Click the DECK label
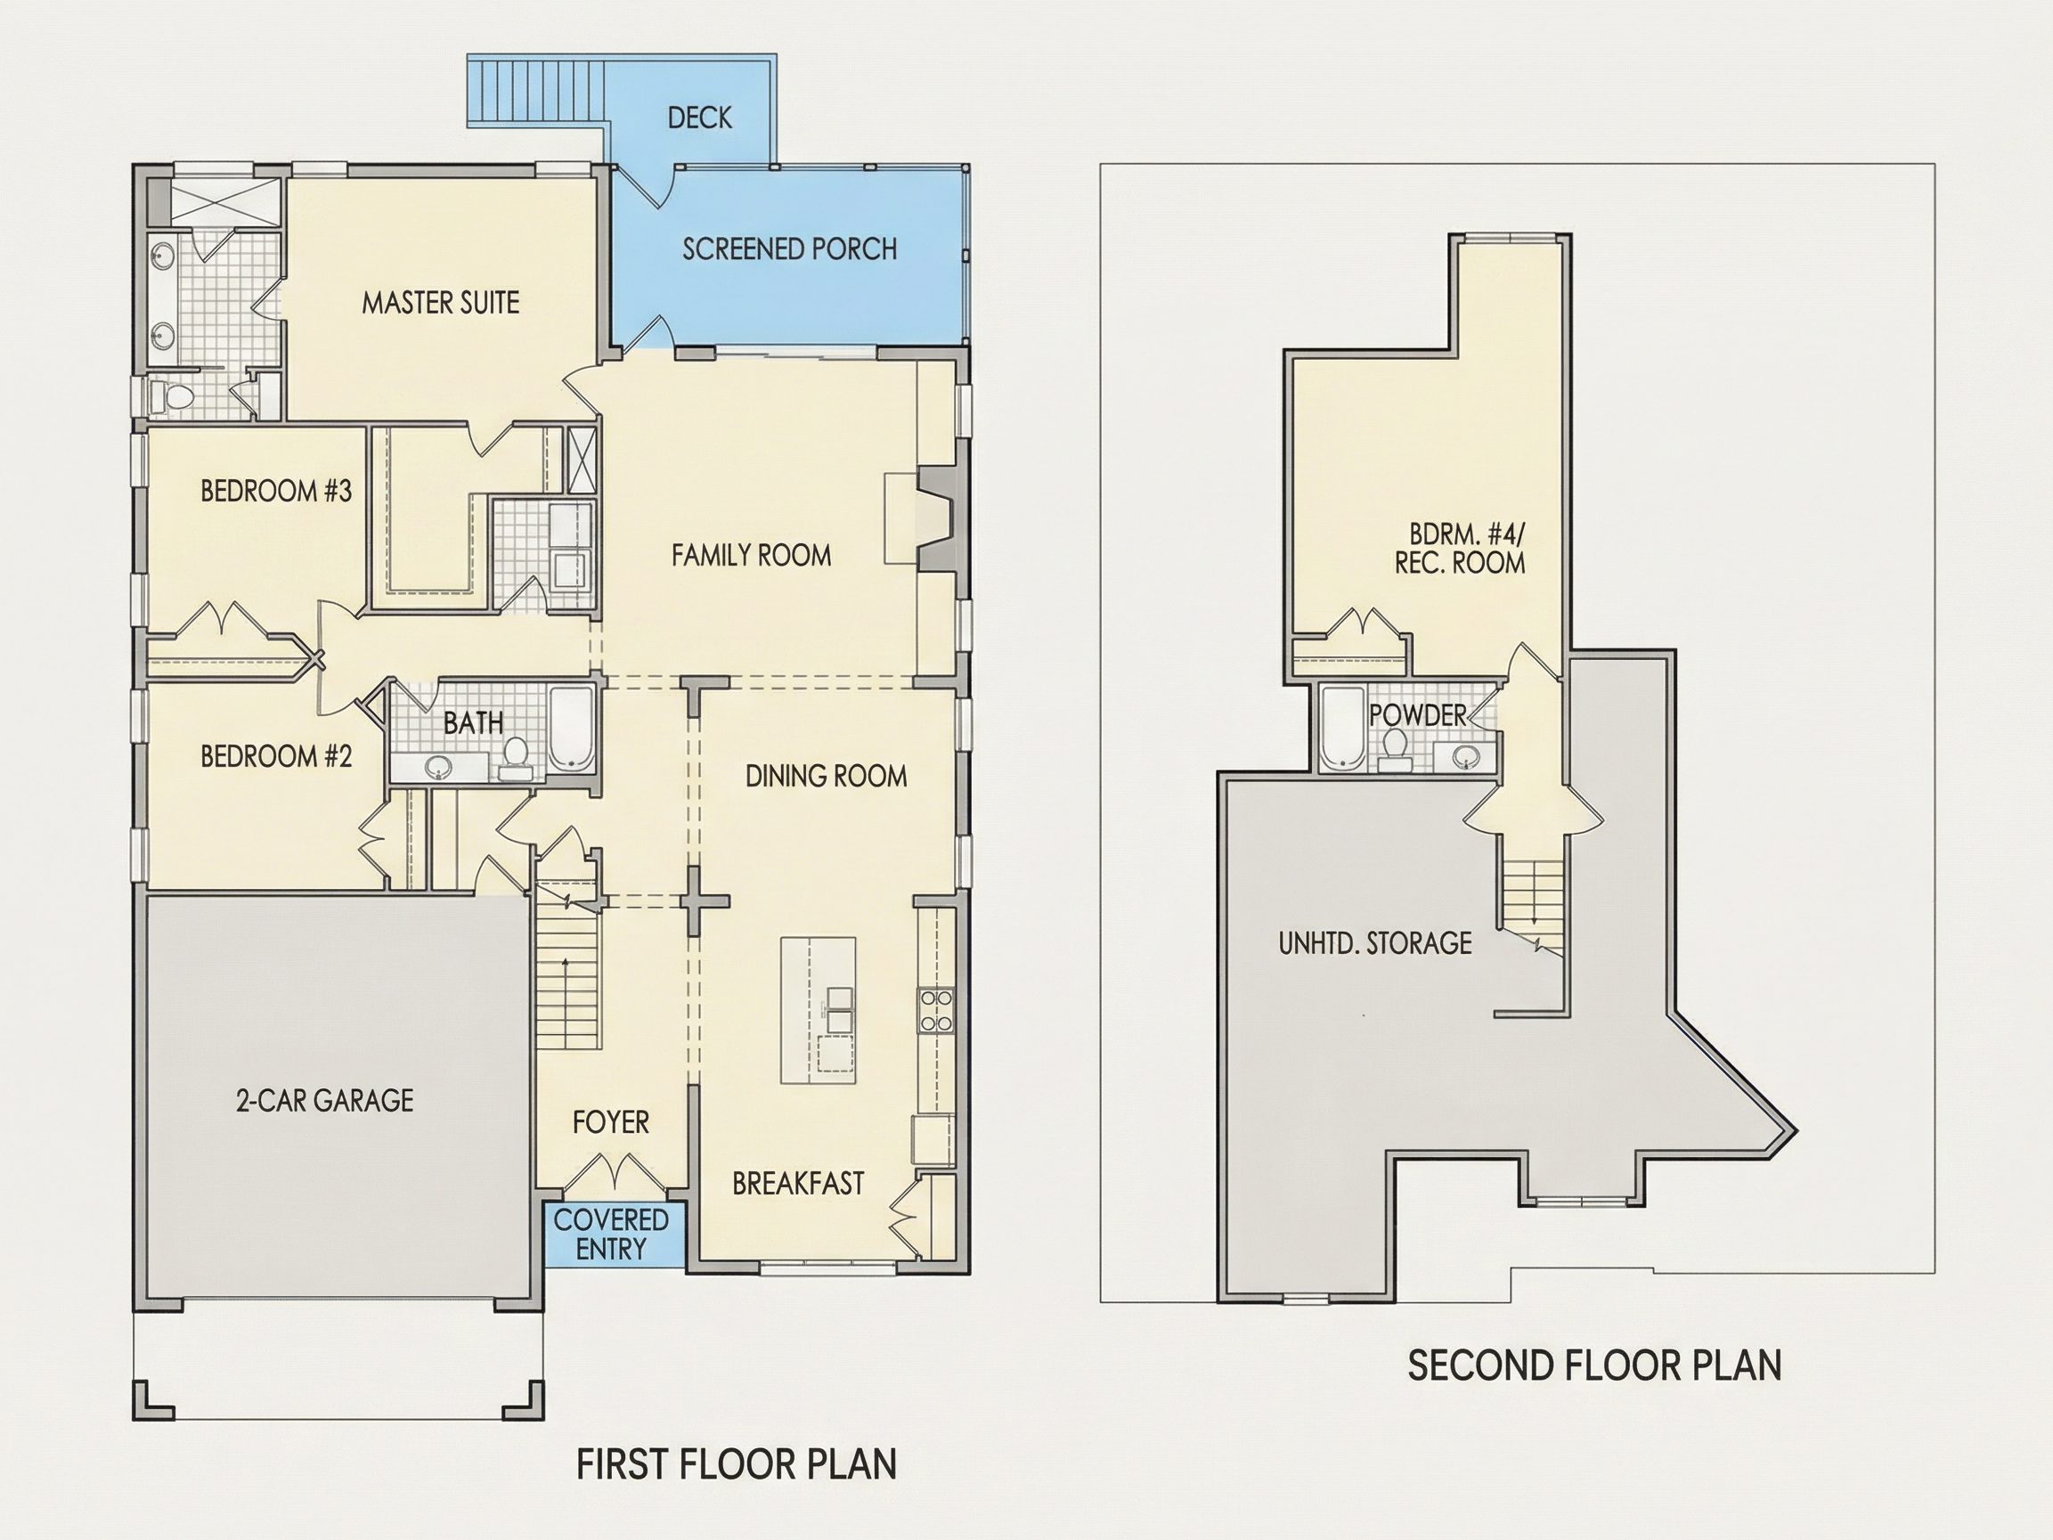(700, 118)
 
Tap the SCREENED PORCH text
(790, 249)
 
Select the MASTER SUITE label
(441, 303)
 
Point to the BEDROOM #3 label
(277, 491)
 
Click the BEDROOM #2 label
(277, 756)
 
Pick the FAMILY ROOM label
(752, 555)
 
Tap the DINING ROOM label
(826, 776)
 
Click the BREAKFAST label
(798, 1184)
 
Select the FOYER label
(611, 1122)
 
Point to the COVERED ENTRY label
(612, 1234)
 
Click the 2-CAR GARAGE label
(325, 1100)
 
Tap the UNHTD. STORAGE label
(1375, 943)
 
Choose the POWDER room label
(1417, 714)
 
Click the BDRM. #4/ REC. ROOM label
(1460, 549)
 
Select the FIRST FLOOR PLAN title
(737, 1464)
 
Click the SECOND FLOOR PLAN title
(1594, 1365)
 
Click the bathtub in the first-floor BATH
(572, 729)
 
